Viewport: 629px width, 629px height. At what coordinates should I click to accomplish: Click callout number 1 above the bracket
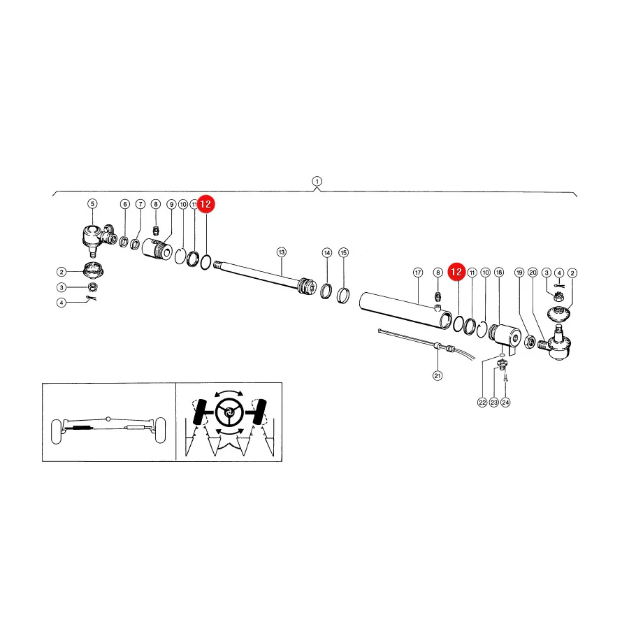click(317, 181)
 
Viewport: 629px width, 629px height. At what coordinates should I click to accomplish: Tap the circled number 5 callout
click(93, 204)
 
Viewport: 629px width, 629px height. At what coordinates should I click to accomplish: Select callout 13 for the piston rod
click(282, 252)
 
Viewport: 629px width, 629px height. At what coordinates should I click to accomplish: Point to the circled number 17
click(418, 273)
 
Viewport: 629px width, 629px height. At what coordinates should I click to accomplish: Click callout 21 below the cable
click(438, 376)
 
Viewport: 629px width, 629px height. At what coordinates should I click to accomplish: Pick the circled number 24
click(505, 403)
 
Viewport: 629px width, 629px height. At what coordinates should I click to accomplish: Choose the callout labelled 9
click(172, 204)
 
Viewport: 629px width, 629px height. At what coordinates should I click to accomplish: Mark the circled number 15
click(343, 253)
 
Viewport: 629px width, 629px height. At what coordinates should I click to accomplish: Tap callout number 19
click(519, 273)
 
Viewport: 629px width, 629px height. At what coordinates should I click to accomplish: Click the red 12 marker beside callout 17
click(456, 272)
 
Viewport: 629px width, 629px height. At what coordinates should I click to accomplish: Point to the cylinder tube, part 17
click(406, 311)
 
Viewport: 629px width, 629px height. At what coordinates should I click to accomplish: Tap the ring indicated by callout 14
click(326, 290)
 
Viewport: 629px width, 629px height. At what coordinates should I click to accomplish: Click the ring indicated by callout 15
click(342, 296)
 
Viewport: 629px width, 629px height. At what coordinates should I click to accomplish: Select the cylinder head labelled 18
click(505, 337)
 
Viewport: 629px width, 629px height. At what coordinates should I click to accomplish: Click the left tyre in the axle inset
click(56, 432)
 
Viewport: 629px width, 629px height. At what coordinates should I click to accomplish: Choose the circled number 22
click(482, 403)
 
